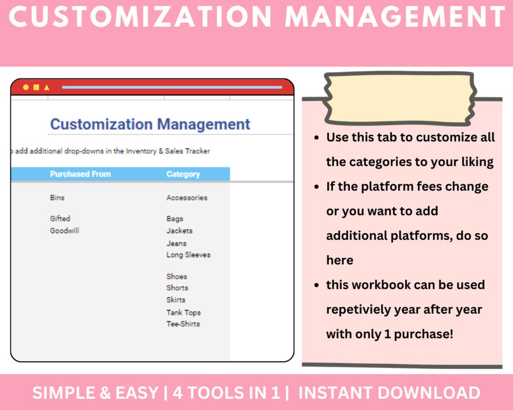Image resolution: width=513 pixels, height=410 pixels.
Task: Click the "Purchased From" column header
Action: [x=80, y=174]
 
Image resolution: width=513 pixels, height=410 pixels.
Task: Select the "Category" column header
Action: [x=183, y=174]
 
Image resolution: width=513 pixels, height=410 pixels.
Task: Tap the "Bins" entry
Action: [x=57, y=197]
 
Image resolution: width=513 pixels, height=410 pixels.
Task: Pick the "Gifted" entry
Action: [x=60, y=218]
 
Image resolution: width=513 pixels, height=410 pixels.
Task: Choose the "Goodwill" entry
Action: [x=64, y=231]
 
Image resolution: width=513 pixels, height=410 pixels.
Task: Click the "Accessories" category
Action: [x=187, y=197]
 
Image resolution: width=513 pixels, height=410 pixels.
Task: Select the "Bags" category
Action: [x=175, y=219]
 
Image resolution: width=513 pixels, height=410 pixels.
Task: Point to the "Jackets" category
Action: [x=179, y=231]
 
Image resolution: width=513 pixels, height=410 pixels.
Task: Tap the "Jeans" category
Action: [x=176, y=243]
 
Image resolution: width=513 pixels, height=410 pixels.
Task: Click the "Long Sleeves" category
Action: [x=188, y=254]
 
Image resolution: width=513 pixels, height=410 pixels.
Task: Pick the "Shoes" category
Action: [x=176, y=276]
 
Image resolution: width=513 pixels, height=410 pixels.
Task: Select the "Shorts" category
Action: [x=177, y=288]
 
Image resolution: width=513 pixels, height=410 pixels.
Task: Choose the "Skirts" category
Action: [x=175, y=299]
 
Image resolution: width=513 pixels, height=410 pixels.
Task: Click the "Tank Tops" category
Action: [x=183, y=312]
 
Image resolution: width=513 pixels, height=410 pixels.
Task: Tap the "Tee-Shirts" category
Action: [x=183, y=324]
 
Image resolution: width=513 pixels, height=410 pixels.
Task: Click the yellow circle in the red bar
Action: [x=26, y=87]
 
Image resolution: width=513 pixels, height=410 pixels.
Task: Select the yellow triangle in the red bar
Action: [x=46, y=87]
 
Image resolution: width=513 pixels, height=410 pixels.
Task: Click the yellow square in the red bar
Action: [x=36, y=87]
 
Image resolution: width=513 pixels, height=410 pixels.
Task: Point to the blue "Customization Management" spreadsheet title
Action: [x=150, y=124]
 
